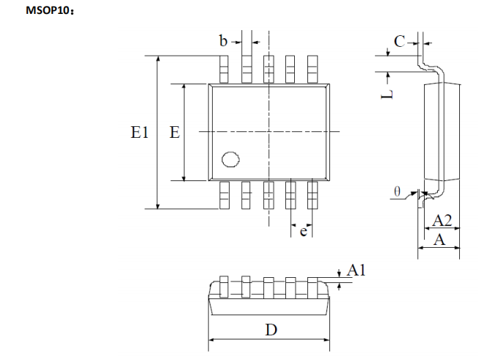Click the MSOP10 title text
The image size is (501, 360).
coord(48,10)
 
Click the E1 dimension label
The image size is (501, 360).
coord(139,132)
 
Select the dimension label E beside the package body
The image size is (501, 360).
coord(175,132)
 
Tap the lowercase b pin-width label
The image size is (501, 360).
coord(223,40)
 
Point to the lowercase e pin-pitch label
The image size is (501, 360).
coord(303,231)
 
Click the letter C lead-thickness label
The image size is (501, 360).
coord(399,41)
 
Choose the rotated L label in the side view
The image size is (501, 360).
coord(387,95)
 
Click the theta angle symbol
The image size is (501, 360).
coord(397,191)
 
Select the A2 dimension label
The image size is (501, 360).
coord(442,221)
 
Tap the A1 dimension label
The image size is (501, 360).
coord(356,270)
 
